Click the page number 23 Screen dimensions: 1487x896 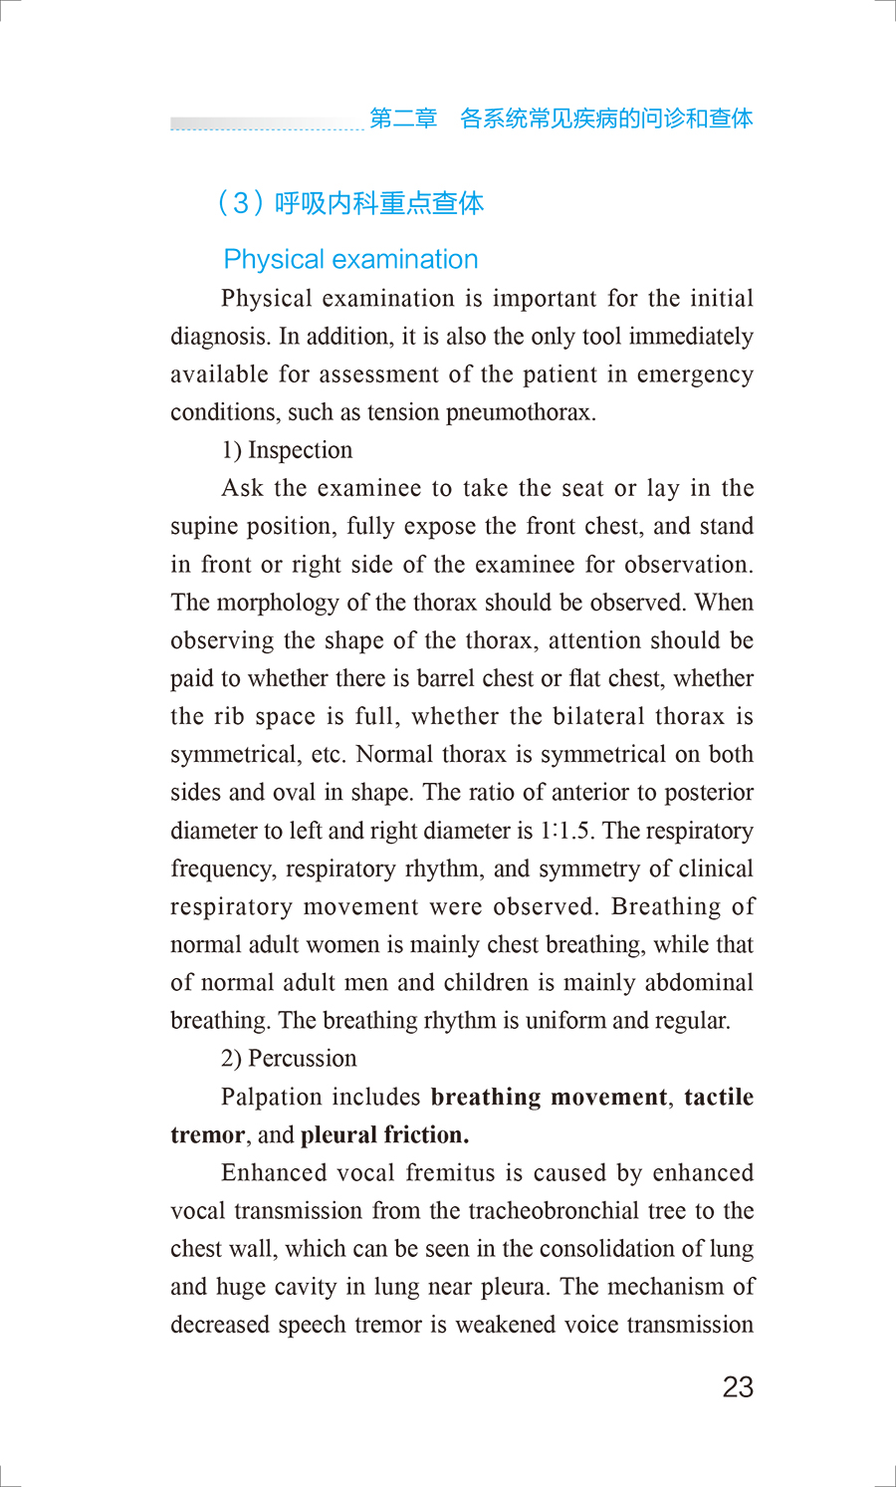click(738, 1386)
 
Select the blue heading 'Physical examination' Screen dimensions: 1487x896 click(350, 259)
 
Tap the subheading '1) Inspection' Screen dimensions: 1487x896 click(287, 450)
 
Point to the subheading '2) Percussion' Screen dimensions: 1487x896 click(289, 1058)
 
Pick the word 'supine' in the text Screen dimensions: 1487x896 click(205, 527)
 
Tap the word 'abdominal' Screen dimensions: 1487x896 click(699, 982)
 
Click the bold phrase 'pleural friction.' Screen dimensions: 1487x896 click(384, 1134)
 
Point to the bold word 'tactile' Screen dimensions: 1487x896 click(719, 1097)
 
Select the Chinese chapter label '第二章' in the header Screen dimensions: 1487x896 click(403, 119)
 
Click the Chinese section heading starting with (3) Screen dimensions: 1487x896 click(350, 203)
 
